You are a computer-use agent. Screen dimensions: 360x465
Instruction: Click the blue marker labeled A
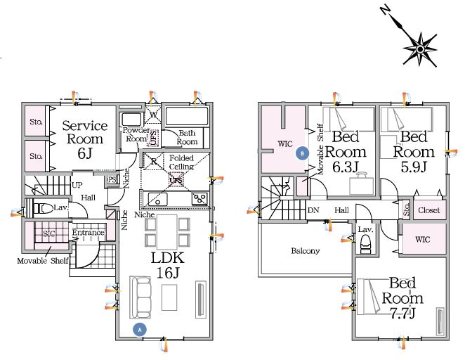140,328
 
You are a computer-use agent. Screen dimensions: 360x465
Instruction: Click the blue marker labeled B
303,150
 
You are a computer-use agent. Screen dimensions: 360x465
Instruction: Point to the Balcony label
305,250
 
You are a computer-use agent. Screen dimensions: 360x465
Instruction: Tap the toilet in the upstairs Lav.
365,244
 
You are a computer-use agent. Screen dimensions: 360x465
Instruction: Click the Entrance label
88,233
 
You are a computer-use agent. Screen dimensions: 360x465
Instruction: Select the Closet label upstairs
428,210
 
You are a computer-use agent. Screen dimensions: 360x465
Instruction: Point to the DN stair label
313,210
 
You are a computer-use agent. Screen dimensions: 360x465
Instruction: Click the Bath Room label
186,136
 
